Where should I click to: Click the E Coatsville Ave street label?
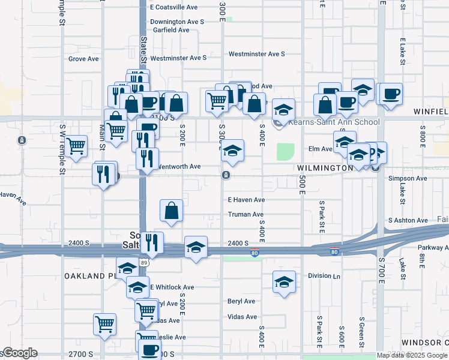[x=174, y=7]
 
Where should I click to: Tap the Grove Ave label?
[x=83, y=59]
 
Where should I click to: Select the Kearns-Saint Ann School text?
[x=334, y=122]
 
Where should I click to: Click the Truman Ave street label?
[x=246, y=214]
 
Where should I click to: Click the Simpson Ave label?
[x=408, y=178]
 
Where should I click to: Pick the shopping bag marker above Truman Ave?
[x=172, y=211]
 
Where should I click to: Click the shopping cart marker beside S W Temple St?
[x=76, y=146]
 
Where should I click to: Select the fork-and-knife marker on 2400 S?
[x=154, y=242]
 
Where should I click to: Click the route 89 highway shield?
[x=144, y=262]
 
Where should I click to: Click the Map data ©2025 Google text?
[x=412, y=355]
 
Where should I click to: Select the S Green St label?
[x=362, y=331]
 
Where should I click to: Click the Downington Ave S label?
[x=177, y=22]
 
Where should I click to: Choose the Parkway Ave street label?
[x=433, y=247]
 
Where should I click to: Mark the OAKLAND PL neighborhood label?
[x=89, y=275]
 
